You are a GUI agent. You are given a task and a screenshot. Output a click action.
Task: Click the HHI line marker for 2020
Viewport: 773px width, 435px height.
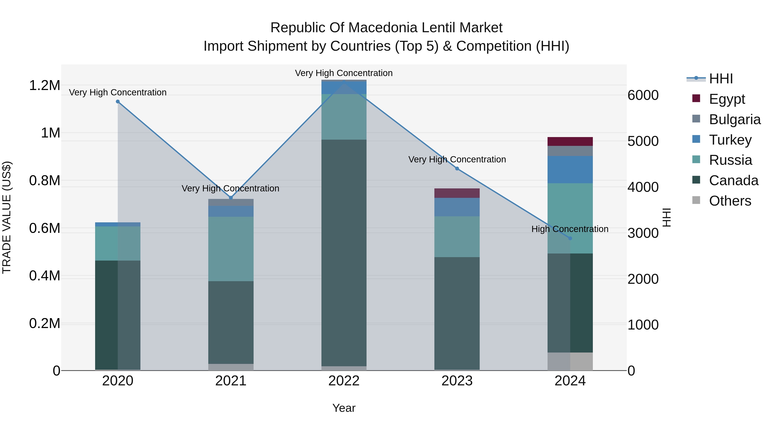point(118,101)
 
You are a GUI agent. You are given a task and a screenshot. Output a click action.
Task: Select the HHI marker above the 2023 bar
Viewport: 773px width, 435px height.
point(457,169)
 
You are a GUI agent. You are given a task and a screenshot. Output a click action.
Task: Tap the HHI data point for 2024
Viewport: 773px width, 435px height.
point(570,238)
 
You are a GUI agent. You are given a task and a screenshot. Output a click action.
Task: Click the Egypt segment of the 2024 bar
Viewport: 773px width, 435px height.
point(570,141)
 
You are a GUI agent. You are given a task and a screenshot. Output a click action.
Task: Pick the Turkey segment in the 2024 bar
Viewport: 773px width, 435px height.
point(570,170)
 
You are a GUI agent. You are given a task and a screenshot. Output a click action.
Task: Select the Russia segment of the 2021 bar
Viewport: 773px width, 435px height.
point(231,249)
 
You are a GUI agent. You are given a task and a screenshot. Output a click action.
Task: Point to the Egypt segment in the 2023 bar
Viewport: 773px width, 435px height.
point(457,193)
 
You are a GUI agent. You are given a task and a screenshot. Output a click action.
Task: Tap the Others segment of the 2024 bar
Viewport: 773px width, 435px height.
point(570,362)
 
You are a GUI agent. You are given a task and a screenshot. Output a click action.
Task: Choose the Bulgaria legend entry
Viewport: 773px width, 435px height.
point(735,119)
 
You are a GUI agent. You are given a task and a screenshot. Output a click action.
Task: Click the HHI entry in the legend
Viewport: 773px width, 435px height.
point(721,79)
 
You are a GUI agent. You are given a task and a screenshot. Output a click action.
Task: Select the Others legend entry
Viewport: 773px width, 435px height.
point(730,201)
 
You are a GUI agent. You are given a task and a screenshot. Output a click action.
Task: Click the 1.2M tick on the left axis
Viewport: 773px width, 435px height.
point(44,85)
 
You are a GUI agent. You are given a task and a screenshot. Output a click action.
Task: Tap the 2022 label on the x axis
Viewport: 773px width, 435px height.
point(344,381)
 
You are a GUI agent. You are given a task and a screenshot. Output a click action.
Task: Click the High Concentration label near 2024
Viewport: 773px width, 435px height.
point(570,229)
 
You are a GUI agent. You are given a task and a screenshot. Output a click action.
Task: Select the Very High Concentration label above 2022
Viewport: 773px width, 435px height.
point(344,73)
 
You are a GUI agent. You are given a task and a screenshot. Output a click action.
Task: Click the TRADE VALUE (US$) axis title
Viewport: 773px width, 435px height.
point(7,217)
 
